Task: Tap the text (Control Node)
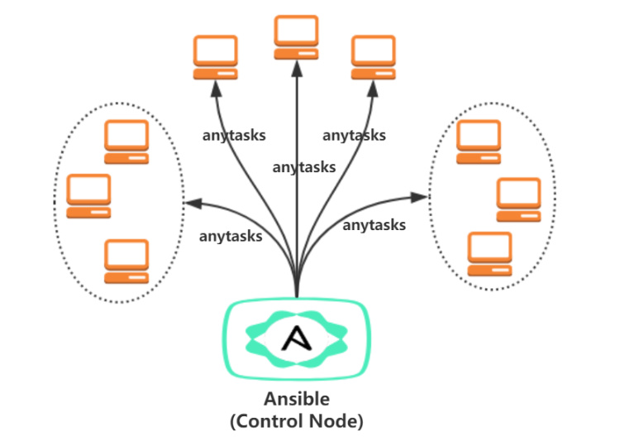tap(296, 420)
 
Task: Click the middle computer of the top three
tap(297, 38)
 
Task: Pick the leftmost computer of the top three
tap(216, 57)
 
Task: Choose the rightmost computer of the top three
tap(374, 57)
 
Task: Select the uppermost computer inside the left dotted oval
tap(126, 142)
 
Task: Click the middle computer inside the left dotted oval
tap(88, 196)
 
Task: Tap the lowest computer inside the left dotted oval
tap(126, 261)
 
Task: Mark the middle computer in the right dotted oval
tap(518, 199)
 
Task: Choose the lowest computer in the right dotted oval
tap(489, 254)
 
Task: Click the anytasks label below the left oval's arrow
tap(231, 236)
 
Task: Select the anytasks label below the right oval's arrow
tap(374, 224)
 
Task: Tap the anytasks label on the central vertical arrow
tap(304, 167)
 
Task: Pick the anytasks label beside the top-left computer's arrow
tap(234, 135)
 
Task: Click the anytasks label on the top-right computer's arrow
tap(354, 135)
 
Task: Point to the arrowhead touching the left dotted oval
tap(192, 202)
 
